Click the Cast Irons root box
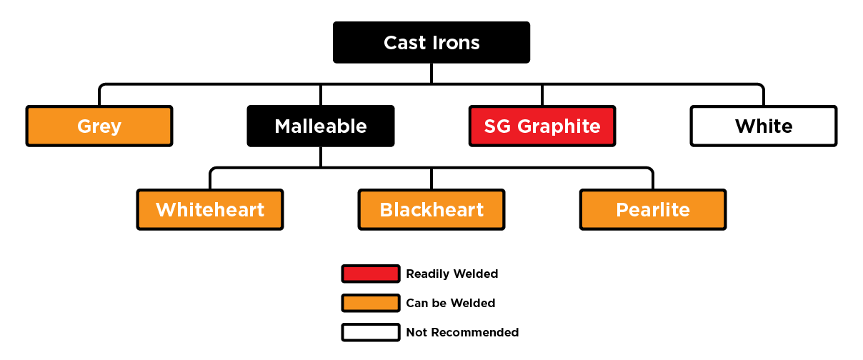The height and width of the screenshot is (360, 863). click(x=431, y=42)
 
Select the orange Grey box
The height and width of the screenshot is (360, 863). click(x=99, y=126)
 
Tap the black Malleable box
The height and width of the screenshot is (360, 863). click(x=321, y=126)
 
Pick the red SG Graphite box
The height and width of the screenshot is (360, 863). click(x=542, y=126)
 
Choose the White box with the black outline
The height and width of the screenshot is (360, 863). click(x=764, y=126)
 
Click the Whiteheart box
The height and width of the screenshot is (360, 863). click(x=210, y=210)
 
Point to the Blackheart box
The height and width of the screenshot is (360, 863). click(x=431, y=210)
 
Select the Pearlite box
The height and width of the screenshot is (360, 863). click(x=653, y=210)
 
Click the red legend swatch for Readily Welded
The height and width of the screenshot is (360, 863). click(x=370, y=274)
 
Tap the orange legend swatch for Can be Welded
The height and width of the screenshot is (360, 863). click(x=370, y=303)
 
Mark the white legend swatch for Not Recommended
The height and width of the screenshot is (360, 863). click(x=370, y=332)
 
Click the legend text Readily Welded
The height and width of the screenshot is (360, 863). click(x=452, y=274)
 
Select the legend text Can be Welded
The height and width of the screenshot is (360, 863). click(x=450, y=303)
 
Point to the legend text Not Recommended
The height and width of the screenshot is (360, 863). click(x=462, y=332)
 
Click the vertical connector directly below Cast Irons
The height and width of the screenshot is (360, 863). click(x=431, y=73)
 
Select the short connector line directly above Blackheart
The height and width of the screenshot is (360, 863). click(x=431, y=179)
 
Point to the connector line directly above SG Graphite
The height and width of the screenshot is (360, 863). click(x=542, y=95)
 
